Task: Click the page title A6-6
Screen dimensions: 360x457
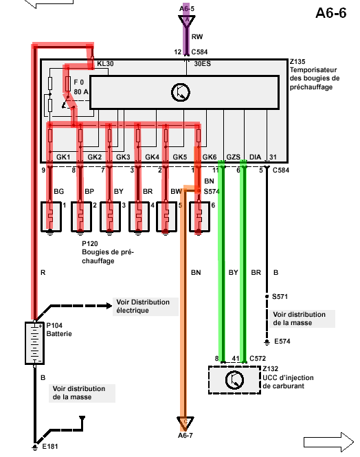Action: [x=331, y=13]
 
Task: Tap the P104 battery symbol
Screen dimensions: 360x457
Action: [x=34, y=343]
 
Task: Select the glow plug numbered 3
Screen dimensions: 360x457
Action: [x=110, y=217]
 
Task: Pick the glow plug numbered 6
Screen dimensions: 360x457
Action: [x=199, y=217]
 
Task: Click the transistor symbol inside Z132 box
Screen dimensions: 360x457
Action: [x=234, y=380]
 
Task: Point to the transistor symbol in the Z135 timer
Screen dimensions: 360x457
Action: [x=181, y=92]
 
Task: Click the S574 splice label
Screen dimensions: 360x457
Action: [x=212, y=192]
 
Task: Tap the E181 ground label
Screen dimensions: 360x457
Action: [x=49, y=446]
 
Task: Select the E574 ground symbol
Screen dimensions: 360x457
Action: [x=267, y=342]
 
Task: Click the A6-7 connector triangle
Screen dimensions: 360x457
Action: [x=185, y=423]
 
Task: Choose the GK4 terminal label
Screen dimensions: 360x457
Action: [x=152, y=157]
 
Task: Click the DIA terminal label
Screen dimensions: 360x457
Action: [x=255, y=157]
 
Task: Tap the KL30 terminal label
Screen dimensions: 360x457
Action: [x=105, y=63]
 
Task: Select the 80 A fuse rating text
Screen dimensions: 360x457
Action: [x=80, y=92]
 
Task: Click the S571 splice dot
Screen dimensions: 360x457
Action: [x=267, y=296]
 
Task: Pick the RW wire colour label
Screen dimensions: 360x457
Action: [x=197, y=36]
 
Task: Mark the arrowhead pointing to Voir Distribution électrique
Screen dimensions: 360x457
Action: [x=109, y=306]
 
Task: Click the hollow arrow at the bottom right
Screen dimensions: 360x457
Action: [x=328, y=442]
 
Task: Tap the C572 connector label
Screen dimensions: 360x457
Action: [x=258, y=358]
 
